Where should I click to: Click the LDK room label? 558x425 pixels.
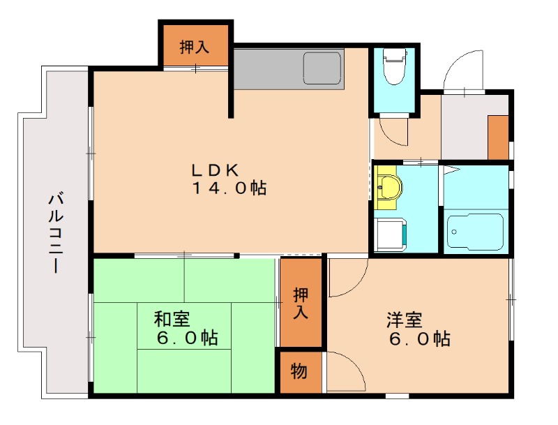tap(216, 170)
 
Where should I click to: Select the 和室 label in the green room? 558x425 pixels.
tap(172, 320)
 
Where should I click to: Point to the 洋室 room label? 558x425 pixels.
tap(405, 320)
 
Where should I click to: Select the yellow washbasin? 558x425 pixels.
tap(388, 187)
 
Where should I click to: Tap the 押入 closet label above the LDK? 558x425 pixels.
tap(195, 47)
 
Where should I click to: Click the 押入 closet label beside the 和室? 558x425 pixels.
tap(301, 303)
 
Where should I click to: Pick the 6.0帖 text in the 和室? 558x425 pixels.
tap(188, 338)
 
